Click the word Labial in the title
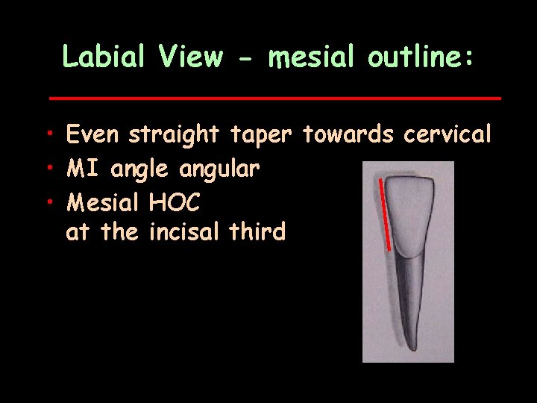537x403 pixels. [x=105, y=57]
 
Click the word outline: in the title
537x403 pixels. [x=420, y=57]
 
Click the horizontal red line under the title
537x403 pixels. [x=274, y=98]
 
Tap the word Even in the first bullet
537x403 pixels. [x=94, y=135]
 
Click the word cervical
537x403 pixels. [x=447, y=135]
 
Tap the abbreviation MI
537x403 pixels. [x=84, y=169]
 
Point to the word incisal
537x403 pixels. [x=184, y=232]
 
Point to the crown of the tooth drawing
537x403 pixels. [x=411, y=216]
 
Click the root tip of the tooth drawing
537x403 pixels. [x=413, y=347]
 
